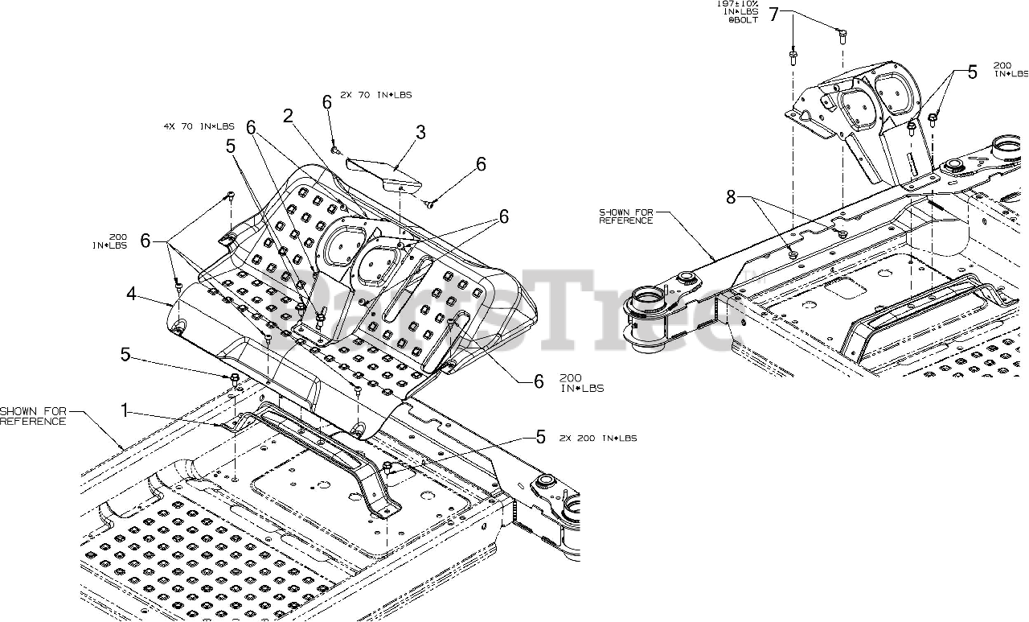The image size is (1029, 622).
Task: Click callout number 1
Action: coord(125,411)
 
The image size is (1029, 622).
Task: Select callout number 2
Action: coord(288,116)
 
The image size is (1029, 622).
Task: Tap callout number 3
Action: coord(420,133)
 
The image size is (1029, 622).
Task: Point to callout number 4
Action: coord(131,294)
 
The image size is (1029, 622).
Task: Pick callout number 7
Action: coord(774,14)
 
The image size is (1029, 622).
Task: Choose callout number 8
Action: coord(731,197)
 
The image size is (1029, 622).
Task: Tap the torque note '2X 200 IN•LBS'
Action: coord(598,439)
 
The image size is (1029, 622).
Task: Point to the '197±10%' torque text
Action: coord(736,4)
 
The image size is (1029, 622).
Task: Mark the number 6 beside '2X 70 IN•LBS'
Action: coord(327,102)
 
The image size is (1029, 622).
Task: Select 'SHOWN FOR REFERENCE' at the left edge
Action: coord(33,416)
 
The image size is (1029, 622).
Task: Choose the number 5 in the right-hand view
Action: coord(972,72)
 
